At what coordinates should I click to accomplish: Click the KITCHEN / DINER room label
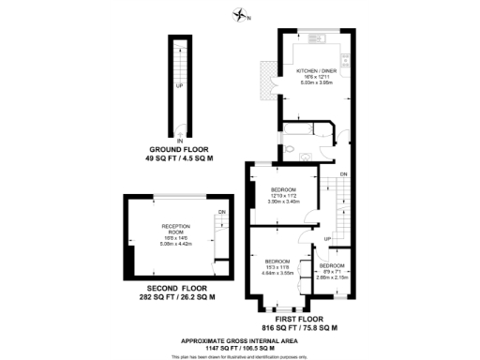point(316,71)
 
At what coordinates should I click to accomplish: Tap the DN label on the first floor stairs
point(344,175)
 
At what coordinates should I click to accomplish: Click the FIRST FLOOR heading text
point(295,321)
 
